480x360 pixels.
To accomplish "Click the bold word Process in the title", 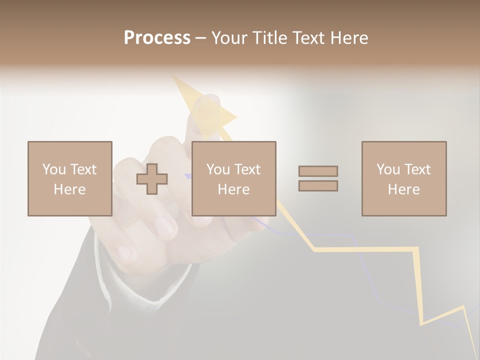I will pyautogui.click(x=157, y=37).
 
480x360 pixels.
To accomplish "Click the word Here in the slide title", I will pyautogui.click(x=348, y=37).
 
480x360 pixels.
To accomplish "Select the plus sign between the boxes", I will pyautogui.click(x=152, y=179).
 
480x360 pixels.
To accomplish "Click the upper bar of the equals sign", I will pyautogui.click(x=318, y=171).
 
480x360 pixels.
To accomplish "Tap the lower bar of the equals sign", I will pyautogui.click(x=318, y=186).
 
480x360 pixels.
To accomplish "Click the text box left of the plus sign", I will pyautogui.click(x=69, y=178).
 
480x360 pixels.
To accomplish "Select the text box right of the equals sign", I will pyautogui.click(x=403, y=178).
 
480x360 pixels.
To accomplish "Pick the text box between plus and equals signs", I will pyautogui.click(x=233, y=178).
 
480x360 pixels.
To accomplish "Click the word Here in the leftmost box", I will pyautogui.click(x=69, y=189).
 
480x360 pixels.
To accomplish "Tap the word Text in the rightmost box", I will pyautogui.click(x=417, y=169).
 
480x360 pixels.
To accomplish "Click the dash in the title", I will pyautogui.click(x=200, y=38).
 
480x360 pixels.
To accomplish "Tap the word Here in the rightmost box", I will pyautogui.click(x=403, y=189).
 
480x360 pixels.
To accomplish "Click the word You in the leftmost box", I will pyautogui.click(x=54, y=169).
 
